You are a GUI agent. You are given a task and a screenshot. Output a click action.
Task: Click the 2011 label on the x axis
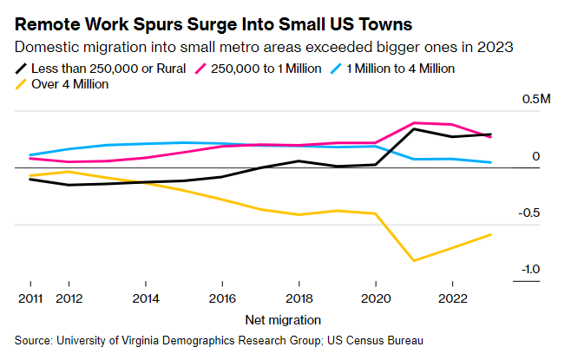[x=30, y=297]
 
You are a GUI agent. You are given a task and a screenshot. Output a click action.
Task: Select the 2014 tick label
[x=145, y=297]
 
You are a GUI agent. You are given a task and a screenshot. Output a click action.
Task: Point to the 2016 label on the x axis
[x=222, y=297]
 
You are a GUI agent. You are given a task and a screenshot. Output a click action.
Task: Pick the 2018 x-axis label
[x=299, y=297]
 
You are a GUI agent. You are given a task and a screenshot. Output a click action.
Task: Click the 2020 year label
[x=375, y=297]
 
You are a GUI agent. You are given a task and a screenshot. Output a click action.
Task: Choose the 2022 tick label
[x=452, y=297]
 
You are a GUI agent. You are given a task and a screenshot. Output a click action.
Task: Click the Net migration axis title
[x=283, y=319]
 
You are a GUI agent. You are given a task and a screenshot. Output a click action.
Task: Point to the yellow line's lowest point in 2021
[x=414, y=260]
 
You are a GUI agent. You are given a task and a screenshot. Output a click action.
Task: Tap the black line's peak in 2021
[x=414, y=128]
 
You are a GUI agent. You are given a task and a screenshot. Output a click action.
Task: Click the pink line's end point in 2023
[x=491, y=137]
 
